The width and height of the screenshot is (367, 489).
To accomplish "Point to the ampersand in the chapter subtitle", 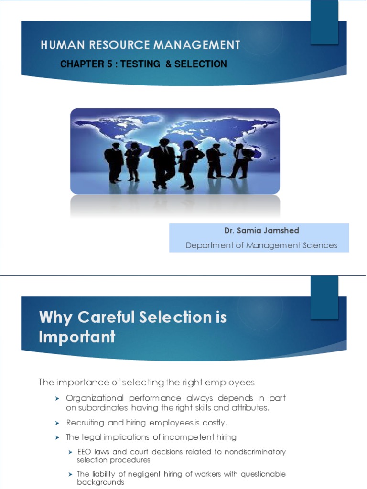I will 168,64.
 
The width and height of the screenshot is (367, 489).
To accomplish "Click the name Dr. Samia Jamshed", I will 261,231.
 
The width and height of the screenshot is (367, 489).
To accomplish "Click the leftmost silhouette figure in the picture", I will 114,162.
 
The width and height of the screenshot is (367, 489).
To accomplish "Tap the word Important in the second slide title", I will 77,337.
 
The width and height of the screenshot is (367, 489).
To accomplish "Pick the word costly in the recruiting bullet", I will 215,423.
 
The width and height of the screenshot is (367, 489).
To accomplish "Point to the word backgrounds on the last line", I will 100,482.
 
